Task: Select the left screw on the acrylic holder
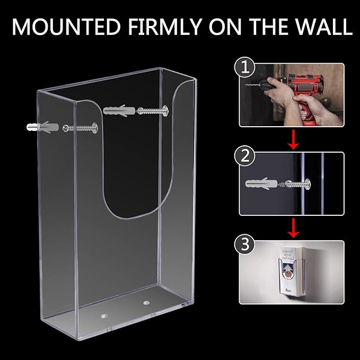[80, 128]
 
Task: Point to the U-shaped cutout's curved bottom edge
[130, 216]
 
